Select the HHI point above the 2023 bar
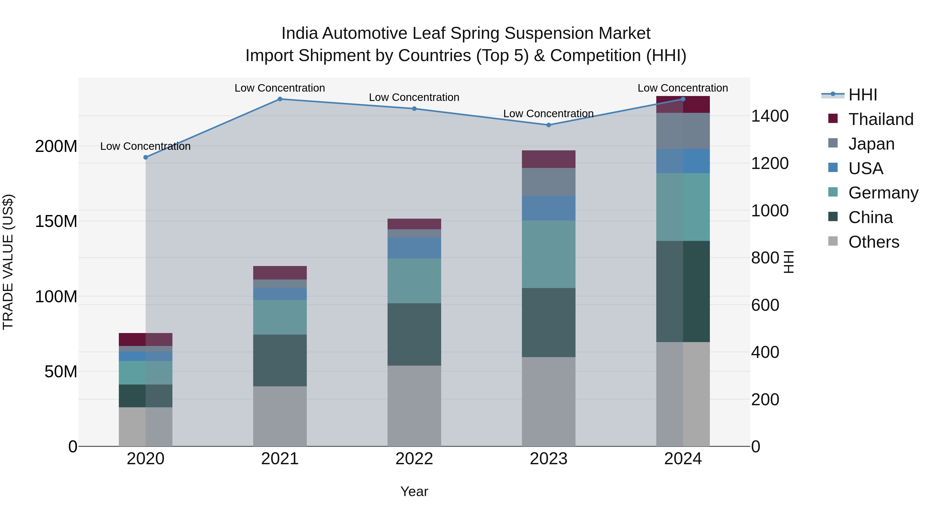[549, 125]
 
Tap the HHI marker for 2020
[145, 157]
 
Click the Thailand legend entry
[881, 119]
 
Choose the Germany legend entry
[883, 193]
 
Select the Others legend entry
[873, 242]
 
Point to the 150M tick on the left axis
[56, 221]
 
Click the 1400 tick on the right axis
[770, 116]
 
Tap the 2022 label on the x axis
[414, 459]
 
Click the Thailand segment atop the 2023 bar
[549, 159]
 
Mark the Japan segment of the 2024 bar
[683, 131]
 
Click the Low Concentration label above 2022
[414, 98]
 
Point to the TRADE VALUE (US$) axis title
[8, 262]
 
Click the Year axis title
[414, 491]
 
